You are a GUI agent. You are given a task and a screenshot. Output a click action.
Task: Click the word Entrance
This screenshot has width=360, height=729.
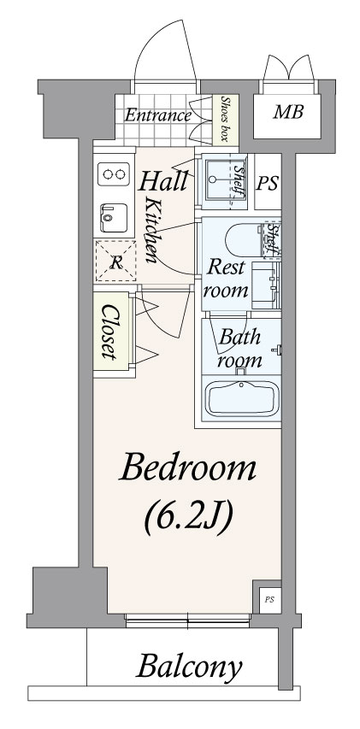pyautogui.click(x=157, y=115)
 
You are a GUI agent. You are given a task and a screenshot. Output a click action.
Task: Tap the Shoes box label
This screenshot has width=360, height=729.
pyautogui.click(x=226, y=119)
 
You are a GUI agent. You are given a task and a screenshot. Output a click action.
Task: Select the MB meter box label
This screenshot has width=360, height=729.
pyautogui.click(x=288, y=112)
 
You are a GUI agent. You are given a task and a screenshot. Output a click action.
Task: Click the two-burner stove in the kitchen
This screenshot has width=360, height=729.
pyautogui.click(x=114, y=174)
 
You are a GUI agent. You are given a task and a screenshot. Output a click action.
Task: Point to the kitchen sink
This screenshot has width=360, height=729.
pyautogui.click(x=114, y=217)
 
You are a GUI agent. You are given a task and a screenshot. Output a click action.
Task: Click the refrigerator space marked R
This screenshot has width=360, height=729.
pyautogui.click(x=115, y=261)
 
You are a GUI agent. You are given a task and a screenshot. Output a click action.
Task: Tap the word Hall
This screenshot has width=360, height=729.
pyautogui.click(x=162, y=181)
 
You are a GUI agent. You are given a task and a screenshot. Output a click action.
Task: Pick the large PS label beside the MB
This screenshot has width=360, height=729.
pyautogui.click(x=268, y=184)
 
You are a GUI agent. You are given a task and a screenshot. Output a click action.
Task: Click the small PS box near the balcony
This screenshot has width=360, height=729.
pyautogui.click(x=269, y=599)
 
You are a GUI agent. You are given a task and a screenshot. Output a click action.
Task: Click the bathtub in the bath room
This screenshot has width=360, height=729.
pyautogui.click(x=242, y=398)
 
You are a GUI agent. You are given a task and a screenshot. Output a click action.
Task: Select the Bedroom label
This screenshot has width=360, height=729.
pyautogui.click(x=188, y=468)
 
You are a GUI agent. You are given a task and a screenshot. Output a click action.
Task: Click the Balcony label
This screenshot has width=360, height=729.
pyautogui.click(x=189, y=668)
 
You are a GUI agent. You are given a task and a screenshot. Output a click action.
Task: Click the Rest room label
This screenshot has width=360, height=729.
pyautogui.click(x=226, y=279)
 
